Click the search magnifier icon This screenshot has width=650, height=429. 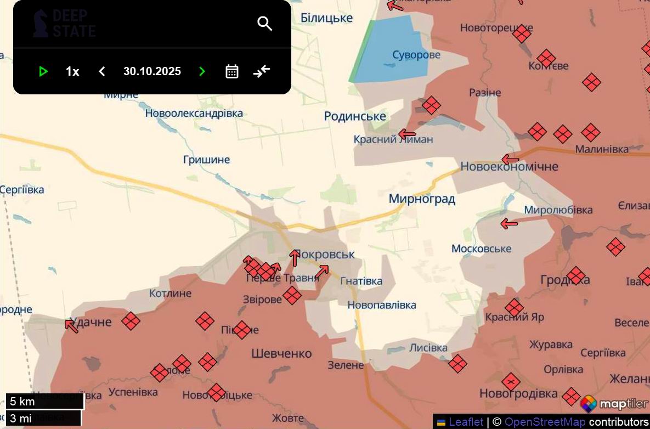pos(265,24)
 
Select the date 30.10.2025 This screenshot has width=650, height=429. pos(152,71)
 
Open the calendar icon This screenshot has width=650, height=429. pos(232,71)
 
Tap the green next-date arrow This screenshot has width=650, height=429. pos(202,71)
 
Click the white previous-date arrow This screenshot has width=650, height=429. pos(101,71)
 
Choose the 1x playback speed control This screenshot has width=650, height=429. pos(72,71)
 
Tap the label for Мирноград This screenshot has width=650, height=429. pos(422,199)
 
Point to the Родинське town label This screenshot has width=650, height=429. pos(355,116)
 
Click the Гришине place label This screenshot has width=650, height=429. pos(206,160)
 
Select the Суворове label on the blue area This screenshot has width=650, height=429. pos(416,55)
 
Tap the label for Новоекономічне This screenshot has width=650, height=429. pos(509,166)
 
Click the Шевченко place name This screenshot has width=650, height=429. pos(281,353)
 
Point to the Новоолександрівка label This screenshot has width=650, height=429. pos(194,113)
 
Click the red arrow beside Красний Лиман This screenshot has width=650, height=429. pos(407,134)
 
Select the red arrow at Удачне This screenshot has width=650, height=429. pos(71,326)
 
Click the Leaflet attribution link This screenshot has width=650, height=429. pos(466,422)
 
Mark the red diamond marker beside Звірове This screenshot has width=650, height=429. pos(292,295)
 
